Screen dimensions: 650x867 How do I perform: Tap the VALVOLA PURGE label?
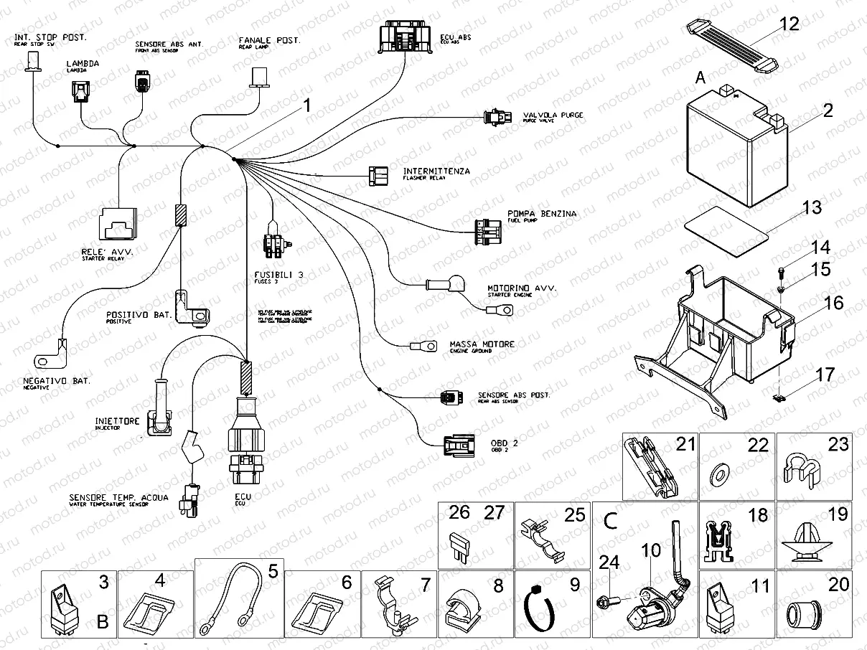click(552, 115)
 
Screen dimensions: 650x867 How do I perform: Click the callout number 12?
click(789, 24)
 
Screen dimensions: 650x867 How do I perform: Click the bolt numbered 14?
click(781, 271)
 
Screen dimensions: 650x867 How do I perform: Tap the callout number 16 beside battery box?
click(833, 303)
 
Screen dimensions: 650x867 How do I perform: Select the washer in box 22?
click(718, 474)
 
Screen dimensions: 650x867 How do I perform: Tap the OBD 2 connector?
click(459, 447)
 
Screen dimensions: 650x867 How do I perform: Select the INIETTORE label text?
click(117, 421)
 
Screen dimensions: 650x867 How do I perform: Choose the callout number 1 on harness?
click(306, 106)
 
